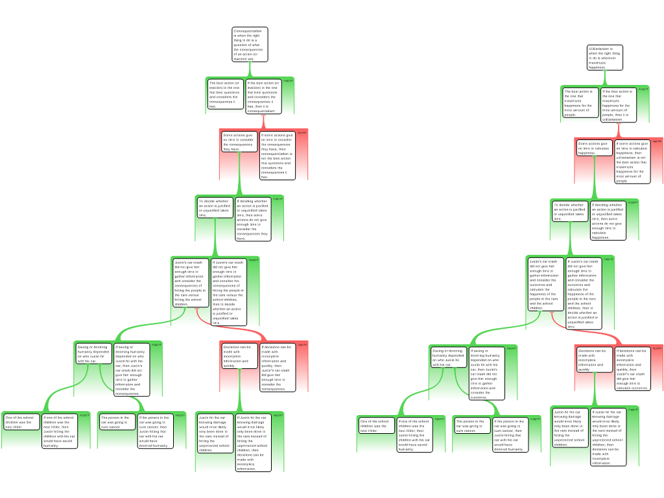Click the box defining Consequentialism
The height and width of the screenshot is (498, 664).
[250, 45]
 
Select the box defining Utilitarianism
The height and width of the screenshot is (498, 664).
[604, 58]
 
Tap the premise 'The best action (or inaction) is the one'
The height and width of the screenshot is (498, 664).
[225, 94]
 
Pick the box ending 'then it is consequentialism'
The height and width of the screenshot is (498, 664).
[263, 97]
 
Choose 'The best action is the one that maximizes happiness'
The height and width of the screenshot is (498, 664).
[579, 103]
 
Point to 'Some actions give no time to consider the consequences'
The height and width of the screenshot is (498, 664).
[239, 142]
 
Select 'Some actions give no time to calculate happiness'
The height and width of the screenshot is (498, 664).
[593, 148]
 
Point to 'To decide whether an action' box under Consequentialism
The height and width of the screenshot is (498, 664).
[215, 207]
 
